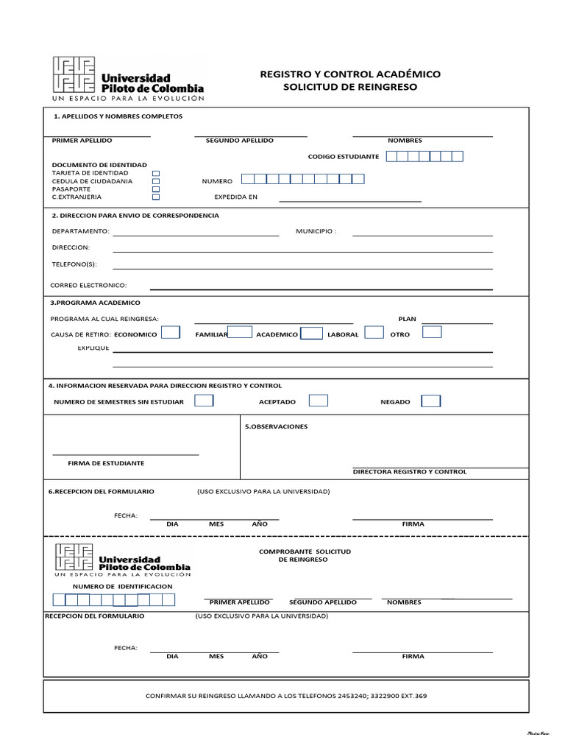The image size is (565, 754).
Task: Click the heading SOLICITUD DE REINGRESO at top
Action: (x=349, y=87)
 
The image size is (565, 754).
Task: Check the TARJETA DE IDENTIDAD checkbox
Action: (x=155, y=173)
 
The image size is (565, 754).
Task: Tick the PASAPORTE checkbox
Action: (x=155, y=189)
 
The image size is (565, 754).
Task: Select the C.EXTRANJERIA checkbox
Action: (x=155, y=197)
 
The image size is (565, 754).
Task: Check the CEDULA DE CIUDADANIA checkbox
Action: (x=155, y=181)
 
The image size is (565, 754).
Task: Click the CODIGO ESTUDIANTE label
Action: (x=343, y=157)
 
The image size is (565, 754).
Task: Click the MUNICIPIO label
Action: (x=316, y=231)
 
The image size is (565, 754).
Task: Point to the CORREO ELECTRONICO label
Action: (x=88, y=285)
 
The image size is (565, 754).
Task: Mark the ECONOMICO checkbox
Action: (x=170, y=333)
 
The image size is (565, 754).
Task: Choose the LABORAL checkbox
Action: (x=374, y=333)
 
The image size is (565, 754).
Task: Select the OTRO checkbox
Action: (x=432, y=332)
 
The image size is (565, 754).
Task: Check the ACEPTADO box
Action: (x=318, y=401)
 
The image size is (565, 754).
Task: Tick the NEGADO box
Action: (x=430, y=401)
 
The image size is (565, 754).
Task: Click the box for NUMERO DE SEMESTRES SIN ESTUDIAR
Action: (x=204, y=401)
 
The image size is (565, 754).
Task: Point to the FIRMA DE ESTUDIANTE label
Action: (x=106, y=463)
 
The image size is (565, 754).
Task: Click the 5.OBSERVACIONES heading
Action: (x=276, y=426)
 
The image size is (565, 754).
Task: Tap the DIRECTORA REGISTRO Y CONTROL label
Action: (x=409, y=471)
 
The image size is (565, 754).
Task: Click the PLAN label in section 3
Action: (x=407, y=319)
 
